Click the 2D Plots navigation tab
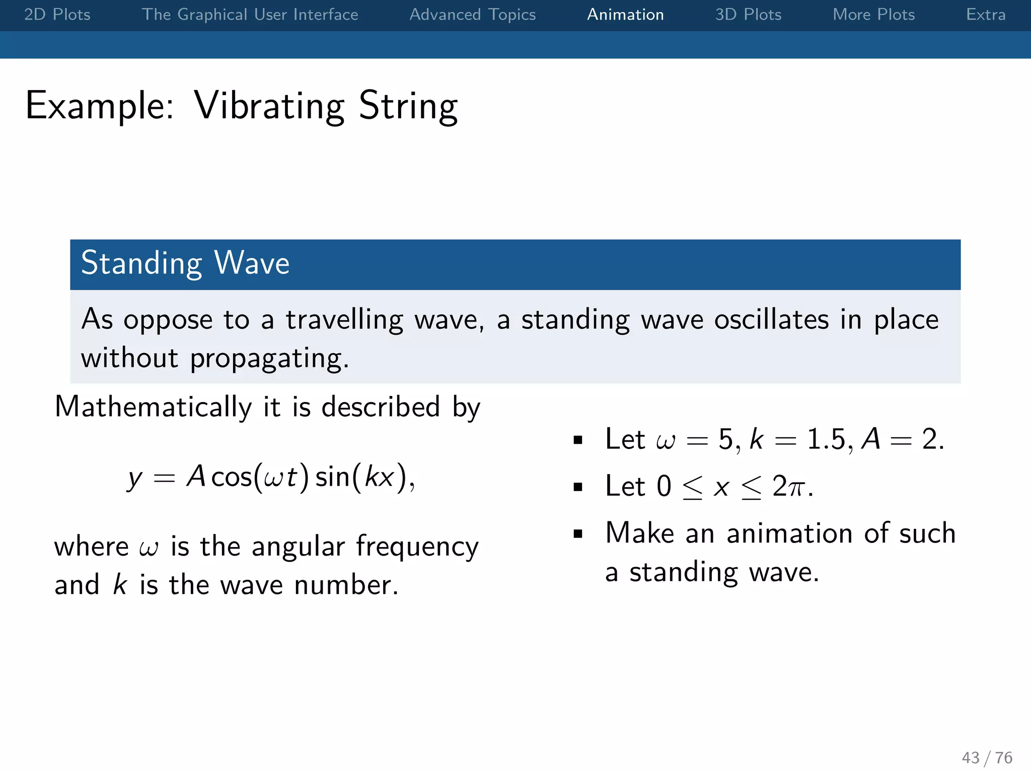tap(57, 15)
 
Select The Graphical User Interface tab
tap(250, 15)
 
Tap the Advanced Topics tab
tap(472, 15)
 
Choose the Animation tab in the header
tap(625, 15)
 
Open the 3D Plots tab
tap(748, 15)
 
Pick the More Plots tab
tap(873, 15)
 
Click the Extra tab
tap(985, 15)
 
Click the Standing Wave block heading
tap(185, 263)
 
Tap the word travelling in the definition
tap(344, 320)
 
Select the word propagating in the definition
tap(269, 359)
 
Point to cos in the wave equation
tap(231, 477)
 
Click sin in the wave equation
tap(333, 477)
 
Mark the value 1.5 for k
tap(826, 439)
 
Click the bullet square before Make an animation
tap(578, 533)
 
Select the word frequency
tap(417, 547)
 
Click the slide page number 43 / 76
tap(987, 757)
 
